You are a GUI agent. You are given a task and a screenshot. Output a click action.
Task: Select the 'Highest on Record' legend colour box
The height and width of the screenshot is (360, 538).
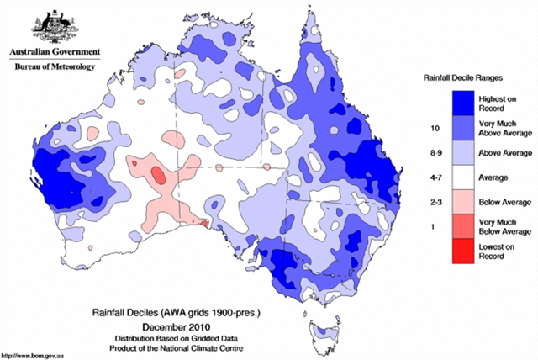(x=460, y=103)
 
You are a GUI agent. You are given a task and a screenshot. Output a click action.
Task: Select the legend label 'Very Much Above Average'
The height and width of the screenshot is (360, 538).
(x=504, y=128)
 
